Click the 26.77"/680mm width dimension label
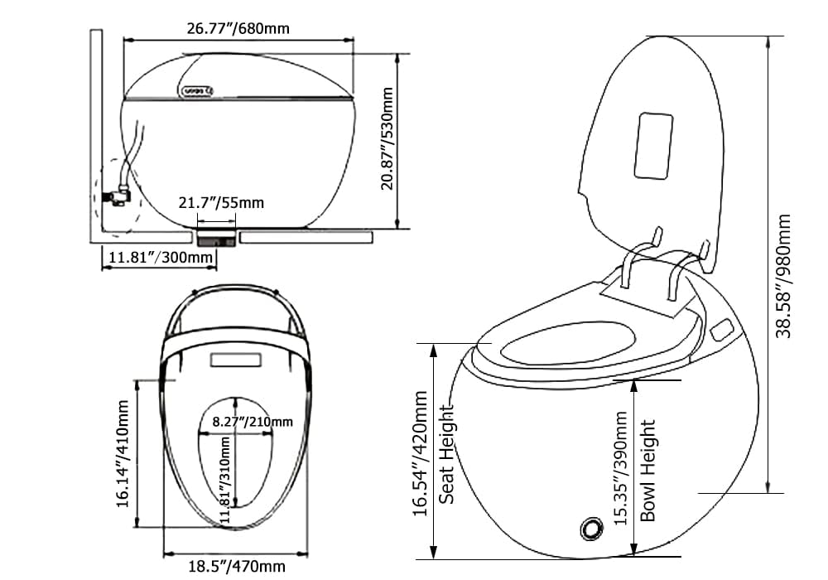tap(238, 29)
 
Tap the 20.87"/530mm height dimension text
tap(388, 140)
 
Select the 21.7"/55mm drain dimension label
tap(220, 202)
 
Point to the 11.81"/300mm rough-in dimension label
tap(159, 258)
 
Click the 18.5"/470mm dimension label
tap(235, 567)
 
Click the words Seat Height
tap(447, 454)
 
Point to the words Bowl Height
tap(648, 470)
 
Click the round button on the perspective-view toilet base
tap(592, 527)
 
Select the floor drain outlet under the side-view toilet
tap(218, 239)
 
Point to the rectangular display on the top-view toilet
tap(237, 361)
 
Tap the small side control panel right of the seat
tap(721, 331)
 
